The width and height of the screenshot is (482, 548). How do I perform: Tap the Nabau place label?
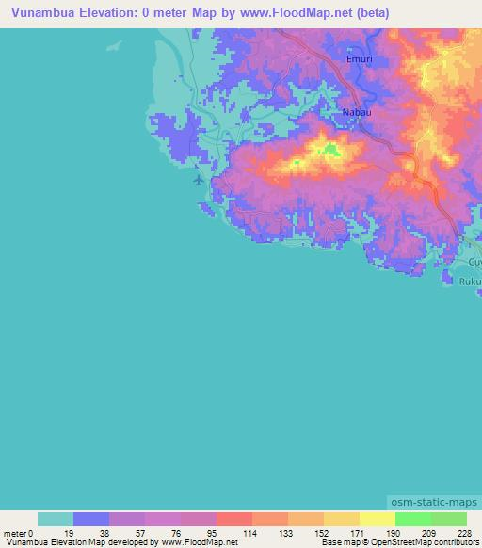[x=356, y=113]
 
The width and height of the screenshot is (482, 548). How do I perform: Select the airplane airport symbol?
[x=199, y=178]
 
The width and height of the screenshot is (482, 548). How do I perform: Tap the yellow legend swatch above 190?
[x=377, y=519]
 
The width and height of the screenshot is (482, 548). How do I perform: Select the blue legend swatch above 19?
[x=91, y=519]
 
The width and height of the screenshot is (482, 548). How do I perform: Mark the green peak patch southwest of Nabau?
[x=329, y=147]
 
